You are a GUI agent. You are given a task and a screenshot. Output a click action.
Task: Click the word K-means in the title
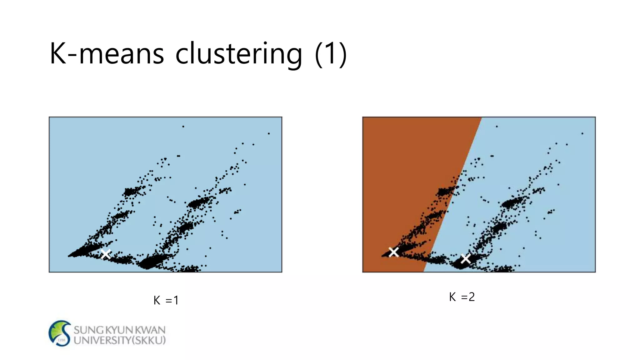pos(106,54)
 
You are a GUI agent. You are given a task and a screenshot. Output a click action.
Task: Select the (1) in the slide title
pos(331,54)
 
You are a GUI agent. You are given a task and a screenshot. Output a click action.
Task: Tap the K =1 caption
pos(166,300)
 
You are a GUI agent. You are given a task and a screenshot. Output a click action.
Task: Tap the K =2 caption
pos(462,297)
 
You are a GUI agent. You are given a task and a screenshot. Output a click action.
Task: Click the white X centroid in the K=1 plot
pos(106,254)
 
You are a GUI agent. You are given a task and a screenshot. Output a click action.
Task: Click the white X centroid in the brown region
pos(393,252)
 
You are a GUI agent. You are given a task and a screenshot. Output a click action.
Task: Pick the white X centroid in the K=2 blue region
pos(466,258)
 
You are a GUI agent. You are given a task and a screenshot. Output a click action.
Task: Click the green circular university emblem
pos(60,333)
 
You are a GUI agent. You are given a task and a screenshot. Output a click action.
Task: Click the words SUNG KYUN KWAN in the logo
pos(119,330)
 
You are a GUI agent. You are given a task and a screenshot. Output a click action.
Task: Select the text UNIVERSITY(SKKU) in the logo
pos(119,340)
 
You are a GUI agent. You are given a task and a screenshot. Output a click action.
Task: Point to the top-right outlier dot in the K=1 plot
pos(269,133)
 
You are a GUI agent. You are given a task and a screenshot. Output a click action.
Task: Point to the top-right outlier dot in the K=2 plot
pos(582,133)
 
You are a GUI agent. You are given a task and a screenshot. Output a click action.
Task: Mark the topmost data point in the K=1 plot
pos(183,127)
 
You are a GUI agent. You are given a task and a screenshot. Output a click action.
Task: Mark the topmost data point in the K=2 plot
pos(497,127)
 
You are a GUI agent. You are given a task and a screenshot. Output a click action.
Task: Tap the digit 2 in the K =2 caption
pos(472,297)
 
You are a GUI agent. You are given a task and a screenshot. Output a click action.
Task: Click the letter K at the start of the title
pos(58,54)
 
